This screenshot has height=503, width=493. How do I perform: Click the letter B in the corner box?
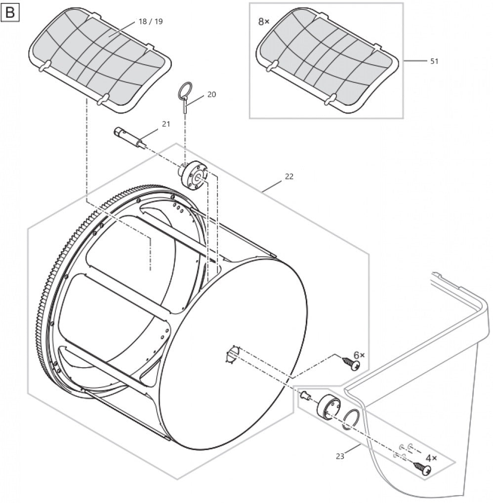(x=10, y=13)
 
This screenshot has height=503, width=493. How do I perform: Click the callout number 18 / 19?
(x=151, y=22)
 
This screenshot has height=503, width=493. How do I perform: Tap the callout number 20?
(x=211, y=94)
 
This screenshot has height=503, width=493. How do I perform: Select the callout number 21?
(x=166, y=124)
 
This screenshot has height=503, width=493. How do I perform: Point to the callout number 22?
(x=289, y=176)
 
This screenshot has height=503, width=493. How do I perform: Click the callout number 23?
(x=340, y=456)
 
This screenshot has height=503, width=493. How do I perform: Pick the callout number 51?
(x=434, y=61)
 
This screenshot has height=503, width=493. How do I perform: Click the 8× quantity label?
(x=264, y=22)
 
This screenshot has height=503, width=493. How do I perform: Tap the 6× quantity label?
(x=359, y=355)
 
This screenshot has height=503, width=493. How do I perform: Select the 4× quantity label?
(x=431, y=458)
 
